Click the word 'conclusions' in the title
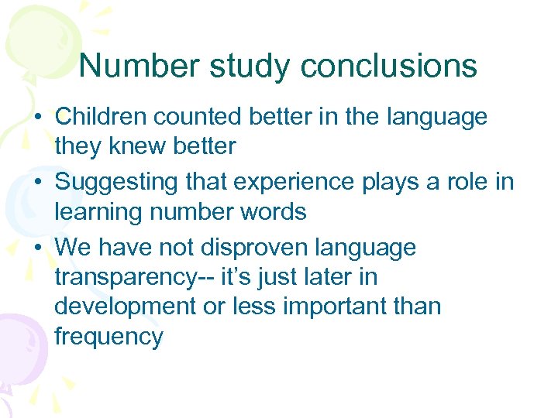(388, 66)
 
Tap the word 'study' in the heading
(250, 66)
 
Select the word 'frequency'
(108, 336)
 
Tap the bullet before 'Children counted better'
(38, 118)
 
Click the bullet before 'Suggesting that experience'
(38, 183)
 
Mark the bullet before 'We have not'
(38, 248)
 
